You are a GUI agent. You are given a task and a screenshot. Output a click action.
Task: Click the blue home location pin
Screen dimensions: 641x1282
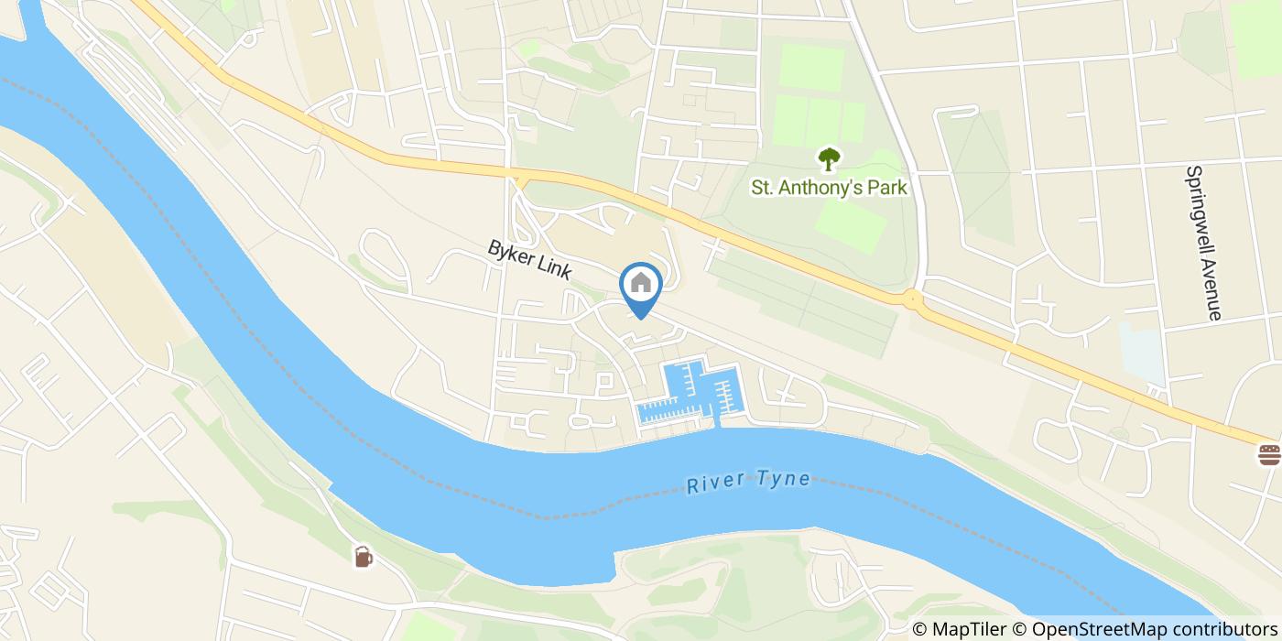tap(641, 286)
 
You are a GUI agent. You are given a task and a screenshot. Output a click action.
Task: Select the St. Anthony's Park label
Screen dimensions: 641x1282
tap(829, 188)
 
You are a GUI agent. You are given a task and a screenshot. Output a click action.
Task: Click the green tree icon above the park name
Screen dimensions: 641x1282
tap(829, 160)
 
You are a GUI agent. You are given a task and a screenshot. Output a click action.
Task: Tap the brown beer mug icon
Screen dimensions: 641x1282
tap(364, 556)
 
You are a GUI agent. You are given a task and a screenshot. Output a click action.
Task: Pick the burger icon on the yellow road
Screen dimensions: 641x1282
tap(1269, 454)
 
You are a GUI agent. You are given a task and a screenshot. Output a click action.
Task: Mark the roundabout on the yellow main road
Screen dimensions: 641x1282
tap(912, 299)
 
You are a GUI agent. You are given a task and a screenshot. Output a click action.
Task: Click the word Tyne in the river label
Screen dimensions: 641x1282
tap(783, 479)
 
